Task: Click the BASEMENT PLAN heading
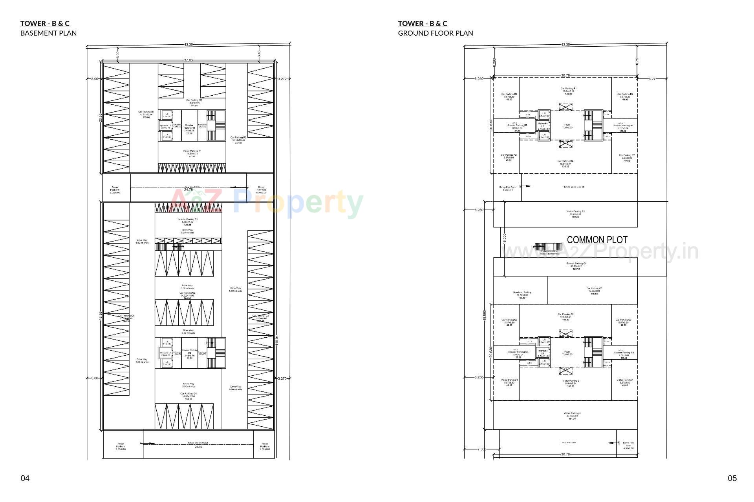point(48,33)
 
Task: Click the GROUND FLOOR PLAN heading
point(436,33)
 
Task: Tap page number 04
point(25,478)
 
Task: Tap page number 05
point(732,478)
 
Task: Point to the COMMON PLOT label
point(597,240)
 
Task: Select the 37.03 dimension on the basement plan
point(188,60)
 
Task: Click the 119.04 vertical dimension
point(277,340)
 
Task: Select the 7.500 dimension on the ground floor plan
point(481,449)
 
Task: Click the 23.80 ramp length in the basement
point(198,447)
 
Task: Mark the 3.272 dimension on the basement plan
point(282,79)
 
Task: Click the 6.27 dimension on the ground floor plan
point(652,79)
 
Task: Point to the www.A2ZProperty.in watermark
point(601,251)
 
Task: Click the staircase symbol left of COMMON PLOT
point(540,246)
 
